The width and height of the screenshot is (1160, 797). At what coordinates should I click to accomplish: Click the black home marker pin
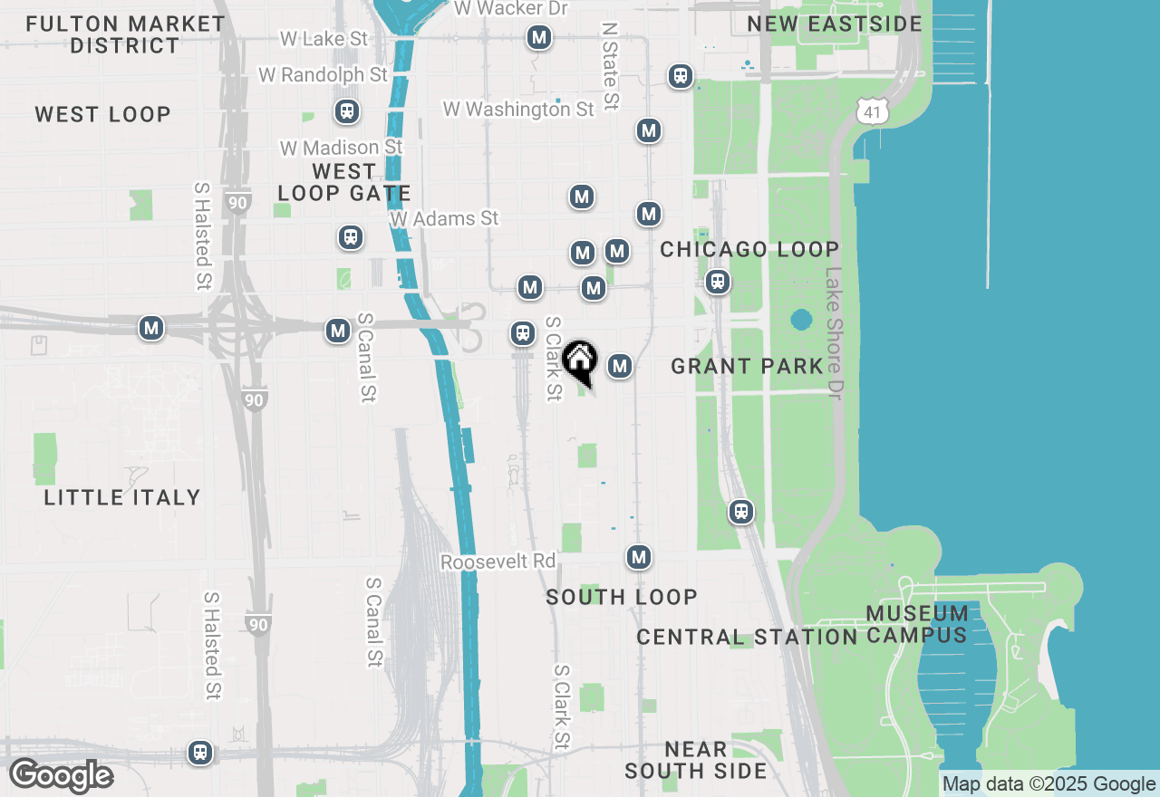click(x=579, y=362)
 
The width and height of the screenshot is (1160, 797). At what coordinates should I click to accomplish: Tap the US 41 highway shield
click(x=871, y=111)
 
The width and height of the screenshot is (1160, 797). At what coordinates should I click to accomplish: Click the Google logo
click(x=61, y=775)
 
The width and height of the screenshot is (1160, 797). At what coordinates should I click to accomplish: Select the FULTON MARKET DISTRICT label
click(x=125, y=34)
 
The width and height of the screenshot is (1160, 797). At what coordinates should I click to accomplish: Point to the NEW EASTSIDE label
click(x=835, y=24)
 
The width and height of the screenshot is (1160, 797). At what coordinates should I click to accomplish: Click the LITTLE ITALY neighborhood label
click(x=122, y=497)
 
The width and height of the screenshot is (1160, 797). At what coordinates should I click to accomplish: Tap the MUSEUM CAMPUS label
click(x=917, y=624)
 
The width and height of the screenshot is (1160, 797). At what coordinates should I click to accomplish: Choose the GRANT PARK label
click(x=748, y=366)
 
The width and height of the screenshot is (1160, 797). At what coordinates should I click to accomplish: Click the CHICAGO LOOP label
click(x=749, y=249)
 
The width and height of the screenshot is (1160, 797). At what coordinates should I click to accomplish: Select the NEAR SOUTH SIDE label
click(x=695, y=761)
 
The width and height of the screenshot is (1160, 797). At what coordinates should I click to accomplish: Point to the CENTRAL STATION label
click(x=747, y=637)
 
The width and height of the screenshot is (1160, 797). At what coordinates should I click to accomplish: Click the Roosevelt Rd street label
click(x=498, y=562)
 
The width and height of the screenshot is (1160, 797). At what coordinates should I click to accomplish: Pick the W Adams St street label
click(x=444, y=218)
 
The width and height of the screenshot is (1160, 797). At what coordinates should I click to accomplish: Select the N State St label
click(x=610, y=68)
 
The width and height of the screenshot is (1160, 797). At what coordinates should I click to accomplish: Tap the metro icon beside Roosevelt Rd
click(x=640, y=556)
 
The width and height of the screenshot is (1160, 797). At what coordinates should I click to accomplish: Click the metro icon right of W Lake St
click(x=539, y=37)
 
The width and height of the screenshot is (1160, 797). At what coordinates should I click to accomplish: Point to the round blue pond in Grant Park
click(x=801, y=320)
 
